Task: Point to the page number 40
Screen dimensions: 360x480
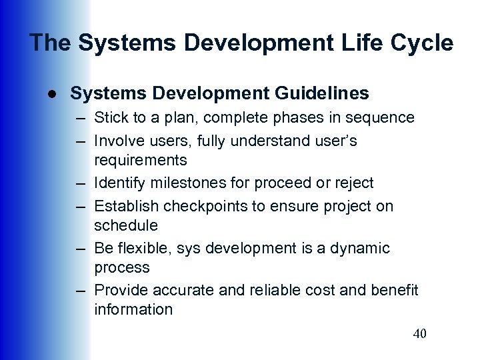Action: click(419, 333)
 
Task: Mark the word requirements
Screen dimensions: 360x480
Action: click(141, 161)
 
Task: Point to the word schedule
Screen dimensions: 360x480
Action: click(126, 225)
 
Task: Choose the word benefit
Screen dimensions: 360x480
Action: click(395, 290)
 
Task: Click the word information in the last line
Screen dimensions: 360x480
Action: click(133, 310)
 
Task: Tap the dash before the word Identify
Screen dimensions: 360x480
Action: click(80, 183)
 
